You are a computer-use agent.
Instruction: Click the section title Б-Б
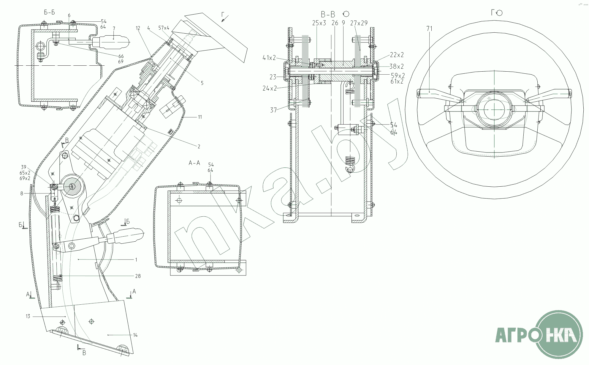pos(49,12)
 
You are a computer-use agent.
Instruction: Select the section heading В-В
pos(328,14)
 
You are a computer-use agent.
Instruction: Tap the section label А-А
pos(194,163)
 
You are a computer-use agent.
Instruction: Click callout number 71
pos(429,29)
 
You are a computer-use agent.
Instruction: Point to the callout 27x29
pos(359,23)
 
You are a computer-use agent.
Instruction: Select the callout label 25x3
pos(319,23)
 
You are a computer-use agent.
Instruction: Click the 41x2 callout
pos(269,58)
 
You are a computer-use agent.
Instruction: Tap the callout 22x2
pos(397,55)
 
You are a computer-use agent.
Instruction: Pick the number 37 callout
pos(273,110)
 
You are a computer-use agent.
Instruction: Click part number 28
pos(138,276)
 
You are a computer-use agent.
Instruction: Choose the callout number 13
pos(28,316)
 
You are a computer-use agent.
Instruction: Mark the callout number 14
pos(135,335)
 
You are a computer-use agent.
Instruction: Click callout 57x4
pos(164,28)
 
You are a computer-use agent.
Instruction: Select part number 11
pos(200,117)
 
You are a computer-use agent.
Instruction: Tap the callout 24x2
pos(270,88)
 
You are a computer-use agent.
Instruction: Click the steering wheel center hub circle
pos(494,109)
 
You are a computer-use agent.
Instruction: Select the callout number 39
pos(24,167)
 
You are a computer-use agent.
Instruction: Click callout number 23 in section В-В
pos(273,77)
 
